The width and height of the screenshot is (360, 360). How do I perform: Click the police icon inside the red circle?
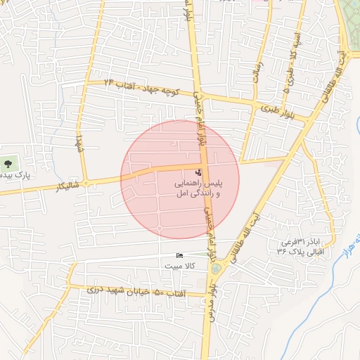[x=197, y=172]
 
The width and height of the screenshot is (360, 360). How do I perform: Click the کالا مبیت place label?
[x=180, y=266]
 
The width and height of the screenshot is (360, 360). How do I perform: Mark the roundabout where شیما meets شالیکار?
[x=86, y=183]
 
